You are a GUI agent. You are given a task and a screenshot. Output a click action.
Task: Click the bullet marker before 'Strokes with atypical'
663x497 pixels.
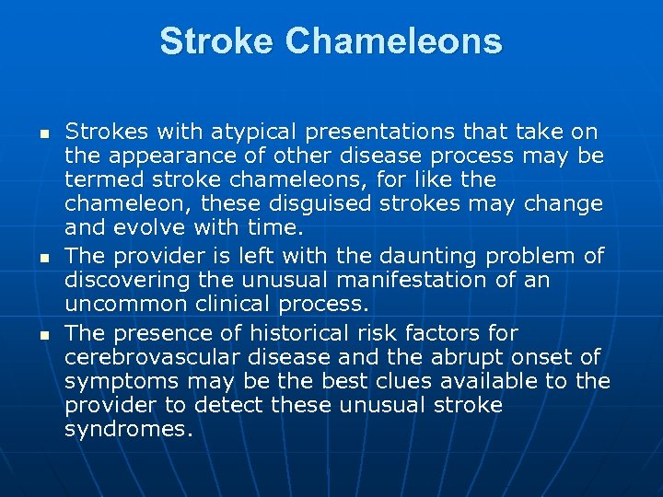click(41, 134)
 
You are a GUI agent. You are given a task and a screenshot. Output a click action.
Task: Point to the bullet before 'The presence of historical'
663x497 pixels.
click(41, 334)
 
